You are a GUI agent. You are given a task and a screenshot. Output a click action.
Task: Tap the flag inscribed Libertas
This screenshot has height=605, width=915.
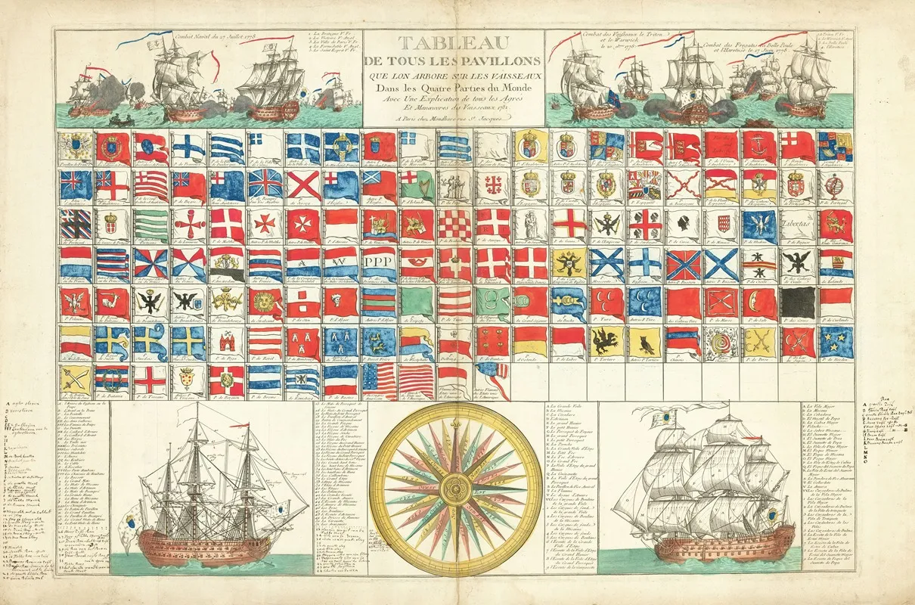click(x=797, y=223)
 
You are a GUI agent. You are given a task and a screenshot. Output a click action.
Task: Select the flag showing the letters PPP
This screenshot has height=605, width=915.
click(x=379, y=262)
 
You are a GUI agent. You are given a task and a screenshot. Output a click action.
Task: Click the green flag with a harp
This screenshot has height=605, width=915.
click(x=417, y=184)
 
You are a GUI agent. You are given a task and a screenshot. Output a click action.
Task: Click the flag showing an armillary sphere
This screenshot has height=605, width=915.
click(x=835, y=184)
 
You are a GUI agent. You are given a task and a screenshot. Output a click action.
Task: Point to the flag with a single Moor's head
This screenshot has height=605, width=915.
click(x=684, y=223)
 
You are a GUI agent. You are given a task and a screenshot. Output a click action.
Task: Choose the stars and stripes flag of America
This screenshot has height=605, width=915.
click(x=379, y=380)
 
